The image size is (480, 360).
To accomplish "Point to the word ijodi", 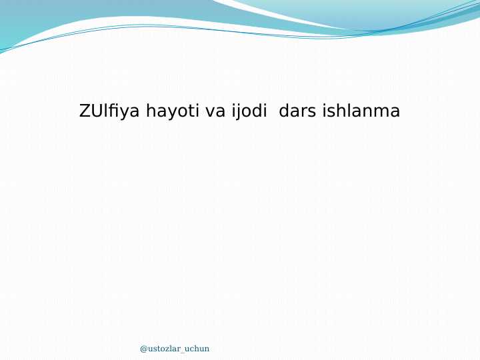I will click(249, 111).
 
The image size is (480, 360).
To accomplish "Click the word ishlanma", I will click(361, 111).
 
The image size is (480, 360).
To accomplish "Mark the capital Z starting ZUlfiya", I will click(85, 111).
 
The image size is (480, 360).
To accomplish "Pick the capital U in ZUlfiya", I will click(96, 111).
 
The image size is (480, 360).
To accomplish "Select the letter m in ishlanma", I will click(381, 112).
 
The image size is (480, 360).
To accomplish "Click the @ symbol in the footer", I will click(143, 349).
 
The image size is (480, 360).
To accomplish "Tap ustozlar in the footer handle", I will click(164, 349).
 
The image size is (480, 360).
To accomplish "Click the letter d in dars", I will click(284, 111).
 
